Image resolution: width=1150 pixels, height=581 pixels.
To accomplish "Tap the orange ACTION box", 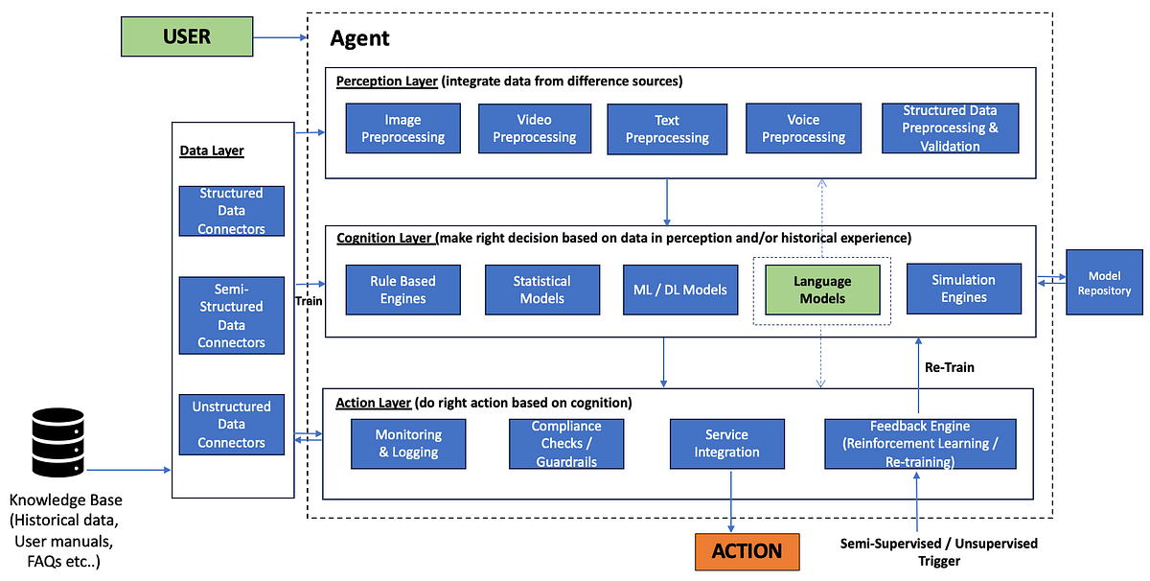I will [747, 550].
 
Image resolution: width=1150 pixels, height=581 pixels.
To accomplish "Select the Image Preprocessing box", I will [402, 128].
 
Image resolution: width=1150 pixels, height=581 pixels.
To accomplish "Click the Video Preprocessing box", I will [535, 128].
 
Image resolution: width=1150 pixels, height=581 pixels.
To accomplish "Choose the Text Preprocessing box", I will [667, 128].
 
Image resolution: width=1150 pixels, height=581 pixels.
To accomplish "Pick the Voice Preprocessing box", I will [803, 128].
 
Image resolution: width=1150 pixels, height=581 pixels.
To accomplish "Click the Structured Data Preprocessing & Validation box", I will [950, 128].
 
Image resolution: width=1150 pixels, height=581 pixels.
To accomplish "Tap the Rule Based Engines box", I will [402, 290].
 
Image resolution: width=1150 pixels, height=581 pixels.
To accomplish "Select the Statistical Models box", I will [541, 290].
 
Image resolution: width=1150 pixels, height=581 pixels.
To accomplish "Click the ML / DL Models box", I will [680, 290].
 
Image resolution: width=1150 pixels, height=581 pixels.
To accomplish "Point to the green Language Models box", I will [821, 290].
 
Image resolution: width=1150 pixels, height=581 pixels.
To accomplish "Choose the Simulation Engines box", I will [963, 289].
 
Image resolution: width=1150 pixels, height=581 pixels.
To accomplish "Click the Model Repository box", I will [1104, 284].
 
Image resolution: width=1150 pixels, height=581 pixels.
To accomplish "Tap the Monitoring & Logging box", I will [407, 443].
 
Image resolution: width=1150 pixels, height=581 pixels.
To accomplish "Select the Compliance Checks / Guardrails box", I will [566, 443].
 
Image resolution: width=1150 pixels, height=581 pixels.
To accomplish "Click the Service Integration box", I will [726, 443].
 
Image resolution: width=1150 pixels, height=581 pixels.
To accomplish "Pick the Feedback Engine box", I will [919, 443].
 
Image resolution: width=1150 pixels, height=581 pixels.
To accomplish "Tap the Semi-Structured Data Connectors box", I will [231, 315].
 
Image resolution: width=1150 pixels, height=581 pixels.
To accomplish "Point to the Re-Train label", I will [950, 366].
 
